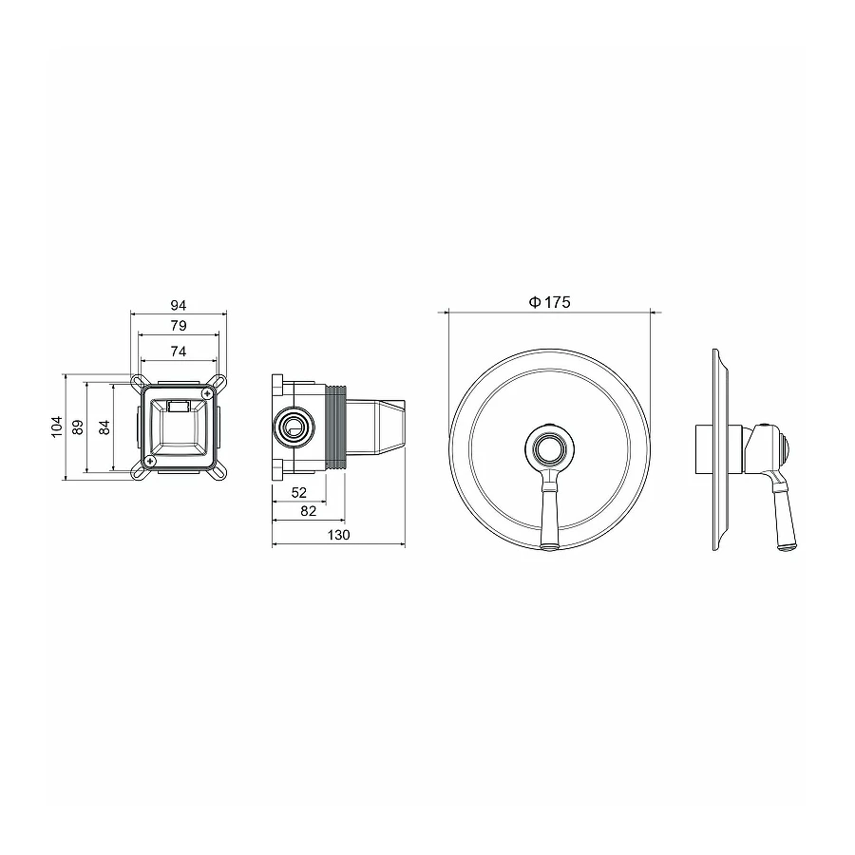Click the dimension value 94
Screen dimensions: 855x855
point(179,305)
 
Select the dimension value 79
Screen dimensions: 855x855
point(179,326)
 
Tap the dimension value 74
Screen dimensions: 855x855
point(179,351)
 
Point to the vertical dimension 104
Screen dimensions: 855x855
point(57,427)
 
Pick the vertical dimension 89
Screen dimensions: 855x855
point(78,427)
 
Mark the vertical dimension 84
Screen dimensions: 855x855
point(104,427)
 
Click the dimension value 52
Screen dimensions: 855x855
point(299,493)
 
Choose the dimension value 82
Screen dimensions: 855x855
point(308,511)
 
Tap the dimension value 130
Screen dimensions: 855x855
point(338,536)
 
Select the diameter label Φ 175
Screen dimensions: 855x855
point(550,302)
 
